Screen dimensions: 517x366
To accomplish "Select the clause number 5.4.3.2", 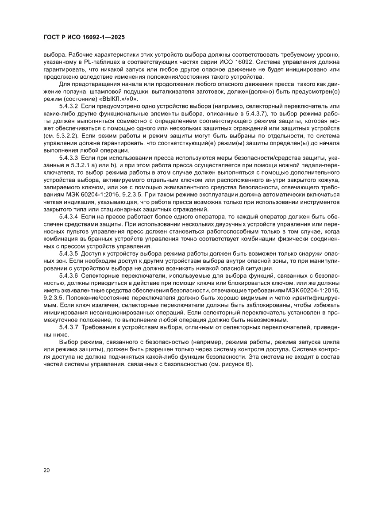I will tap(69, 107).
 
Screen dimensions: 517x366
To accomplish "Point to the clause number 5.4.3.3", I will tap(69, 158).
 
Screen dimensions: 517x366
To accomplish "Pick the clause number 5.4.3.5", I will tap(69, 253).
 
